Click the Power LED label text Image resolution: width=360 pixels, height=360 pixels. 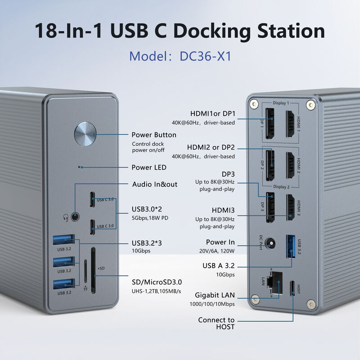tap(149, 167)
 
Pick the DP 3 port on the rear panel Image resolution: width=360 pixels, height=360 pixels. tap(270, 207)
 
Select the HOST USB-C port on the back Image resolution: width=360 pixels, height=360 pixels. tap(294, 288)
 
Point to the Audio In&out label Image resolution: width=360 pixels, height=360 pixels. tap(155, 184)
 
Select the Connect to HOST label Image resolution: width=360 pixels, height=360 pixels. tap(216, 324)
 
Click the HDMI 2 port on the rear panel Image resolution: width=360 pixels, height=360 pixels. tap(291, 163)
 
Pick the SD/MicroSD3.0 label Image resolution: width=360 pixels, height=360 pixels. tap(157, 282)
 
